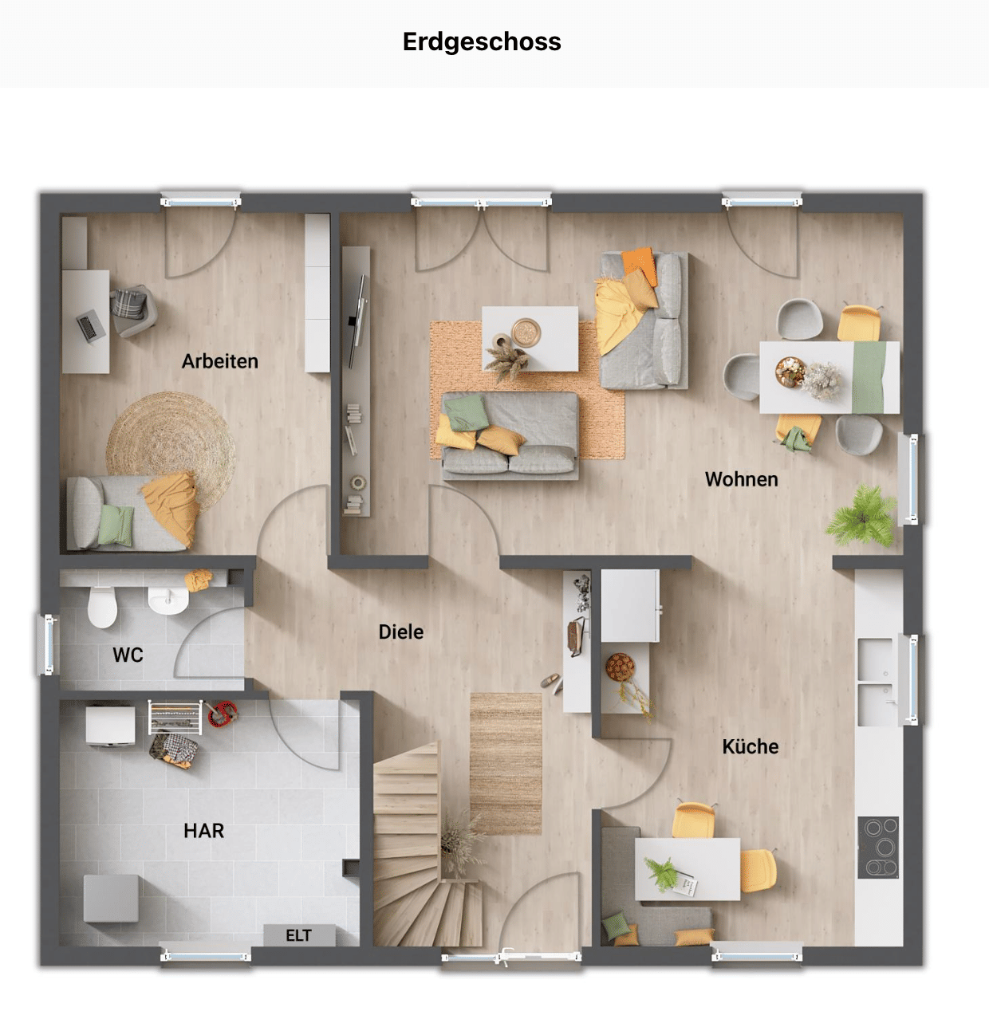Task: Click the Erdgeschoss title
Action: (482, 42)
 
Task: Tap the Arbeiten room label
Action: (219, 361)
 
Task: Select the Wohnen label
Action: (742, 479)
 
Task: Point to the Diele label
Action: (400, 632)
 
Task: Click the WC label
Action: (128, 655)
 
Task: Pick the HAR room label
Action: (204, 831)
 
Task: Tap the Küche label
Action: (751, 746)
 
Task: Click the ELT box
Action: (299, 935)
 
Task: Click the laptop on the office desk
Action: (88, 327)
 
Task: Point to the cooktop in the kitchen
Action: (878, 848)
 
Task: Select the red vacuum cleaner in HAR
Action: (223, 714)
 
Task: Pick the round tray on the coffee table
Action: (526, 332)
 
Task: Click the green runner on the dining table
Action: (869, 377)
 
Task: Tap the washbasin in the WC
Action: (168, 601)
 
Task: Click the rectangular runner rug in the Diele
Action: (506, 764)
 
